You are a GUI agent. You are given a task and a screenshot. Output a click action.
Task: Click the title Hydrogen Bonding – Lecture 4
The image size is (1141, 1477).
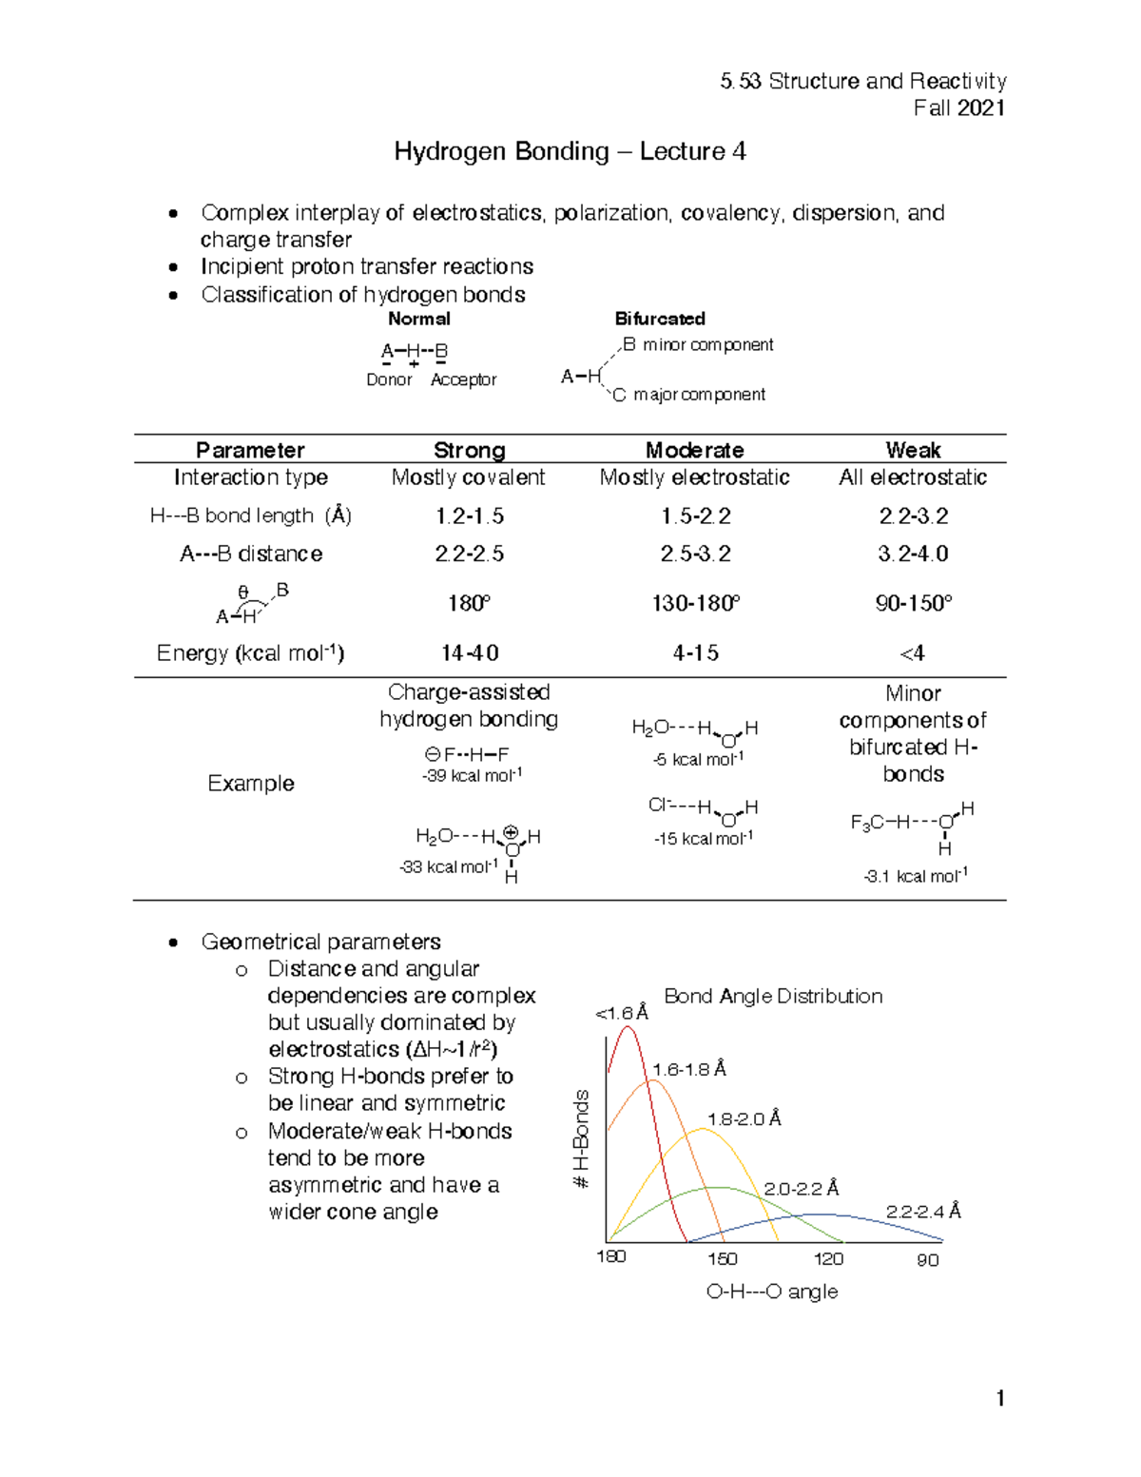pos(570,152)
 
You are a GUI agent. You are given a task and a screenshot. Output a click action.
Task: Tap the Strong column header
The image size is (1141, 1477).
pos(469,450)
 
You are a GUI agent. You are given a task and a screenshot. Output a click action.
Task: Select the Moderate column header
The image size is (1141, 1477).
pos(694,450)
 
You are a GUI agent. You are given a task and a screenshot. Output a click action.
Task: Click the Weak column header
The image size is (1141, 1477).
pos(913,450)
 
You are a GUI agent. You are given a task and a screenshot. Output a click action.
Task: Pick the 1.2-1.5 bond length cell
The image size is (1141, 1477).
pos(470,516)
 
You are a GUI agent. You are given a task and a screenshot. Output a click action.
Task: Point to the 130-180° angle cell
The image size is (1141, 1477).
pos(695,604)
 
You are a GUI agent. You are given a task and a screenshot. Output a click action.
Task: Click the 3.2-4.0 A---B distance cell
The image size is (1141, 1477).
pos(913,554)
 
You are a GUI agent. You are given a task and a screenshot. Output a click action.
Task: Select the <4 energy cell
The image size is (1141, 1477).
pos(912,653)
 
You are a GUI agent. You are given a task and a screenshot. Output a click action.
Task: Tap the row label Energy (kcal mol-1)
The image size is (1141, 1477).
pos(250,653)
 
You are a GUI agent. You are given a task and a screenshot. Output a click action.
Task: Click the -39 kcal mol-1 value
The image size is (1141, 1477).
pos(472,775)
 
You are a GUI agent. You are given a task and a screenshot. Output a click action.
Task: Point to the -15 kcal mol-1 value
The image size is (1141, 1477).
pos(703,839)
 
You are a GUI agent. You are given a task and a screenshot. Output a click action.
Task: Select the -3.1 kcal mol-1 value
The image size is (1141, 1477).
pos(916,876)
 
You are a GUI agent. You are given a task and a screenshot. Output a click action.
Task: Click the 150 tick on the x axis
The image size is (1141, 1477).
pos(722,1259)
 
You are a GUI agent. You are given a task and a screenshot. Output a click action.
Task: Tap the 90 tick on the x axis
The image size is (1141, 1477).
pos(927,1260)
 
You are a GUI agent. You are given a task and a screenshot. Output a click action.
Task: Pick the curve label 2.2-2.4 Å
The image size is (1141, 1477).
pos(923,1212)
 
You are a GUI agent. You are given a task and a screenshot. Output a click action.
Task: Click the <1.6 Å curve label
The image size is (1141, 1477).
pos(622,1014)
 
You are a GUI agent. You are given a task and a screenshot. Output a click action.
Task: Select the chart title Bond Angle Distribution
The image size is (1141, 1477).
pos(773,996)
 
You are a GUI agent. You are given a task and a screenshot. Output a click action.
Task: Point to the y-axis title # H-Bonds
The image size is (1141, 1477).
pos(581,1138)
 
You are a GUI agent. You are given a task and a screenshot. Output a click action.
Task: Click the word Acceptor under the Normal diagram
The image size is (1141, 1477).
pos(463,379)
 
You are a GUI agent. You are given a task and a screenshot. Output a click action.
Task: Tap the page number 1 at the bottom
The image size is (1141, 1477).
pos(1000,1398)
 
